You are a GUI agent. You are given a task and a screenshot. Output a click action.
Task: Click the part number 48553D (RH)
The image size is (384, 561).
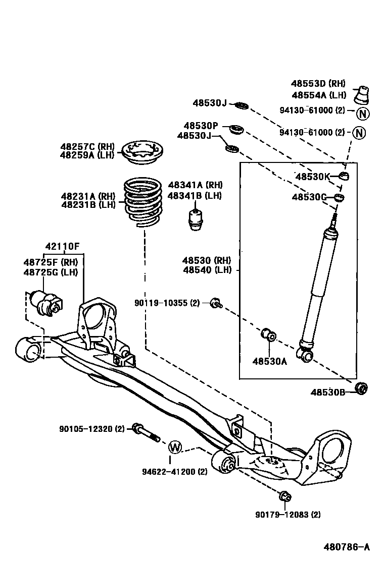click(x=318, y=84)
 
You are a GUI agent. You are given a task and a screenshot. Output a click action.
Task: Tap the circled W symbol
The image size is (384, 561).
click(x=174, y=446)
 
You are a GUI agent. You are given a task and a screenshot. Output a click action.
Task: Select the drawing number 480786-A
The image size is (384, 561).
click(x=347, y=546)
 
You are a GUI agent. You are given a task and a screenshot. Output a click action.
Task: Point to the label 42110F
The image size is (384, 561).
click(x=62, y=247)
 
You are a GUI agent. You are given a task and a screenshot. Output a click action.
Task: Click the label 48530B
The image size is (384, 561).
click(x=327, y=392)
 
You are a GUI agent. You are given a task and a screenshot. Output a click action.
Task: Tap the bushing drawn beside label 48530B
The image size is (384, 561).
click(x=361, y=388)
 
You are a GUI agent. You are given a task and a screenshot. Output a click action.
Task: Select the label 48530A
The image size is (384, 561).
click(x=269, y=361)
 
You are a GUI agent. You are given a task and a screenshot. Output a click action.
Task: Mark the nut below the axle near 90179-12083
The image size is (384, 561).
click(x=284, y=496)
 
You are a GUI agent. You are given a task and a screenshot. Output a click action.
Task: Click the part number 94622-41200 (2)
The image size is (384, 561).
click(x=174, y=472)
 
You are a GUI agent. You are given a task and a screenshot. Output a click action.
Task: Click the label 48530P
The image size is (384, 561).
click(x=201, y=126)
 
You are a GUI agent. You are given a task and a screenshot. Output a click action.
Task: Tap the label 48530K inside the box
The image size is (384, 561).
click(x=312, y=177)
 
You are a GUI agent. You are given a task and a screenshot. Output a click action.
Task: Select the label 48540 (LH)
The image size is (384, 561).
click(x=207, y=270)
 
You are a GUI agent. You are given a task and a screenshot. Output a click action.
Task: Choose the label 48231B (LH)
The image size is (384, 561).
click(x=88, y=205)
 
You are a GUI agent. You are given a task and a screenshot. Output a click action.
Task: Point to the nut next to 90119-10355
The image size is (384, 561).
click(x=216, y=303)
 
